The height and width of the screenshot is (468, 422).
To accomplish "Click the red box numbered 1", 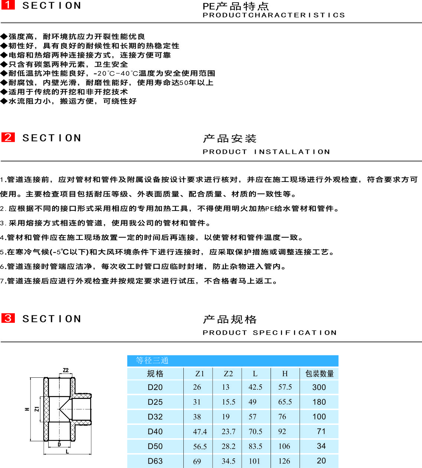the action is coord(8,5).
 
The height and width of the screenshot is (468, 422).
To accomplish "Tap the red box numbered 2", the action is coord(8,137).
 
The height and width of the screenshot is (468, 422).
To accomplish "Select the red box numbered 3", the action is coord(8,318).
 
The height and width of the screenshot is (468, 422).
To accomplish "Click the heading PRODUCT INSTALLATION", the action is coord(266,152).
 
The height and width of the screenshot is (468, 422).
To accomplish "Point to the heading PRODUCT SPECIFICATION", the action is coord(269,333).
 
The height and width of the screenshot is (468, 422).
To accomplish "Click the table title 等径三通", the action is coord(152,361).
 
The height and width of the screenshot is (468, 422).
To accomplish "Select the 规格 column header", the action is coord(155,374).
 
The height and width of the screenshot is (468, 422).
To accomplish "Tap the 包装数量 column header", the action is coord(320,374).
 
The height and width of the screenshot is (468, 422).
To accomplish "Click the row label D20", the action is coord(155,387).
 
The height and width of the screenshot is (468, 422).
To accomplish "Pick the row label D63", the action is coord(155,461).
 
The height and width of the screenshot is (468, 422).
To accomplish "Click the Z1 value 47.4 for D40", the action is coord(200,432).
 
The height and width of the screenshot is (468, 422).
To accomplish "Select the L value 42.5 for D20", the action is coord(255,387).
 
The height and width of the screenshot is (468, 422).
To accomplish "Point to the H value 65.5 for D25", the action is coord(285,402).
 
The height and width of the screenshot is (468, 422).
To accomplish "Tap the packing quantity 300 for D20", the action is coord(319,387).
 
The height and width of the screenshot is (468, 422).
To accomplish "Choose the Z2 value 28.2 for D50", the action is coord(228,446).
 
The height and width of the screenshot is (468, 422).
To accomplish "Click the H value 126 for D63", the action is coord(284,461).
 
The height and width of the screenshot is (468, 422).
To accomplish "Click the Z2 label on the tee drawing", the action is coord(66,370).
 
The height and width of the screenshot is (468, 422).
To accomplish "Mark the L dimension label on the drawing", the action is coord(67,451).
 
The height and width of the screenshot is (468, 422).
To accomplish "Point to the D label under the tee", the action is coord(59,445).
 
